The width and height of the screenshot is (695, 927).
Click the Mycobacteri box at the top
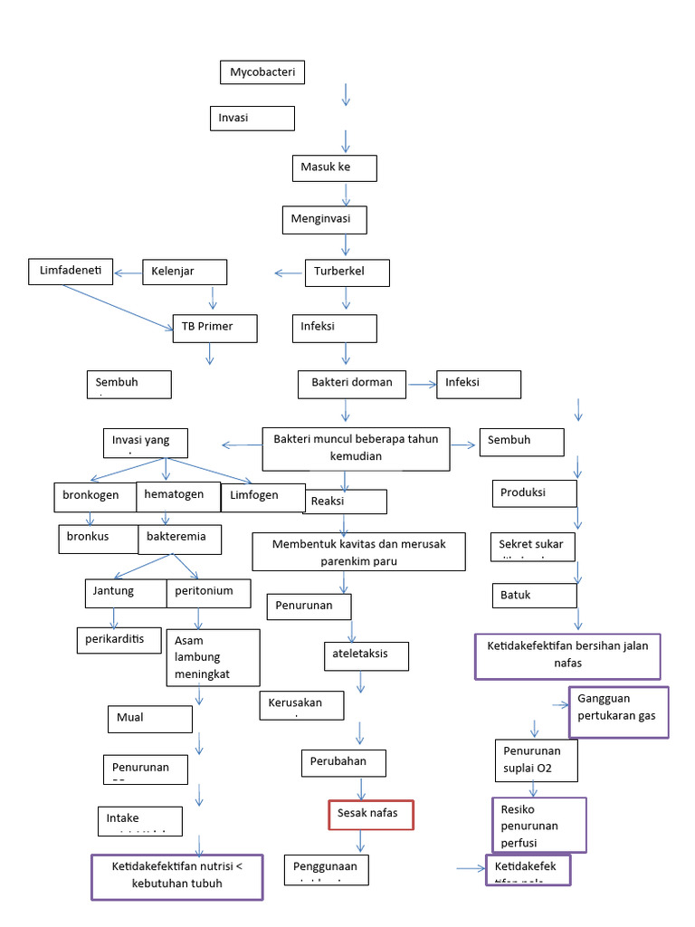[x=262, y=72]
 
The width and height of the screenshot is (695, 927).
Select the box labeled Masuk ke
[x=334, y=168]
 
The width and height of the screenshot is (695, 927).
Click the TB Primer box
[x=214, y=328]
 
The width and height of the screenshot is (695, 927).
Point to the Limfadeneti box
[x=71, y=271]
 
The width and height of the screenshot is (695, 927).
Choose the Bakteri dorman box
[x=352, y=383]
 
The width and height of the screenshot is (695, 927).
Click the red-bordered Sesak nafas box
[x=370, y=815]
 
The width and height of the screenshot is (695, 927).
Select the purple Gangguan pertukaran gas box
[x=619, y=712]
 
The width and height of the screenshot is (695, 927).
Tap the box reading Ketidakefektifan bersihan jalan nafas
[x=568, y=656]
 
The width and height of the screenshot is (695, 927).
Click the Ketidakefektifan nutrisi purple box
[x=177, y=876]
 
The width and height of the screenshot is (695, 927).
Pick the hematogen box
[x=178, y=496]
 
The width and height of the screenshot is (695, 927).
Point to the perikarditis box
[x=119, y=639]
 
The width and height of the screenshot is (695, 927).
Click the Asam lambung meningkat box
[x=214, y=657]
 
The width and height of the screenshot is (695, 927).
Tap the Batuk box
[x=535, y=595]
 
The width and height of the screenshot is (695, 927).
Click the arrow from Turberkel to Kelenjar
[x=289, y=272]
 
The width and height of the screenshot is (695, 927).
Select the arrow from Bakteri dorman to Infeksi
[x=421, y=385]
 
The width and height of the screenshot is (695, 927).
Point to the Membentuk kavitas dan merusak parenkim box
[x=358, y=551]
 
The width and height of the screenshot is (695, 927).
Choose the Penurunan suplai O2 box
[x=536, y=760]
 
